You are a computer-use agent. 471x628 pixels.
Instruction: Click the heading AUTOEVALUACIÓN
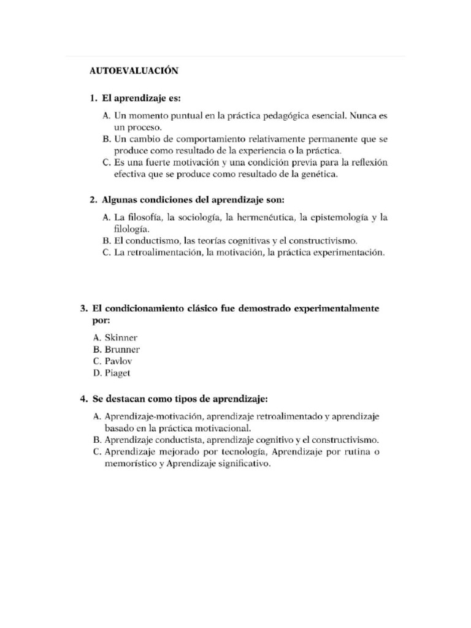click(134, 71)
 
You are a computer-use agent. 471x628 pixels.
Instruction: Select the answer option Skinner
click(121, 337)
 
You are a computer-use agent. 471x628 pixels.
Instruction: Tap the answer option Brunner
click(122, 349)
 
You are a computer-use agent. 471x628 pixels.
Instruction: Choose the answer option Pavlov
click(119, 361)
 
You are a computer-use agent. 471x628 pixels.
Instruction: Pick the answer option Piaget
click(118, 373)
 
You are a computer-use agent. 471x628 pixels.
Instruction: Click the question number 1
click(93, 98)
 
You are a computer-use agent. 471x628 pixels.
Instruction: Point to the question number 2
click(93, 200)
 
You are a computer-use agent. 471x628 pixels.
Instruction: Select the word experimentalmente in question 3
click(337, 308)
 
